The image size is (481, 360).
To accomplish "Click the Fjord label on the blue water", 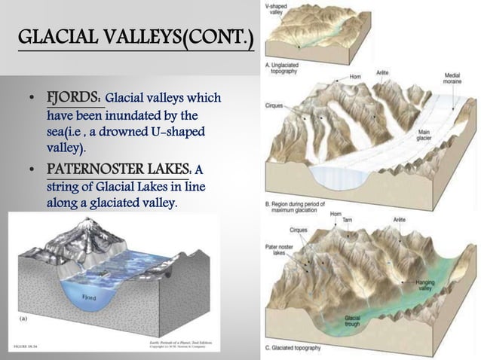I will (x=87, y=299).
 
